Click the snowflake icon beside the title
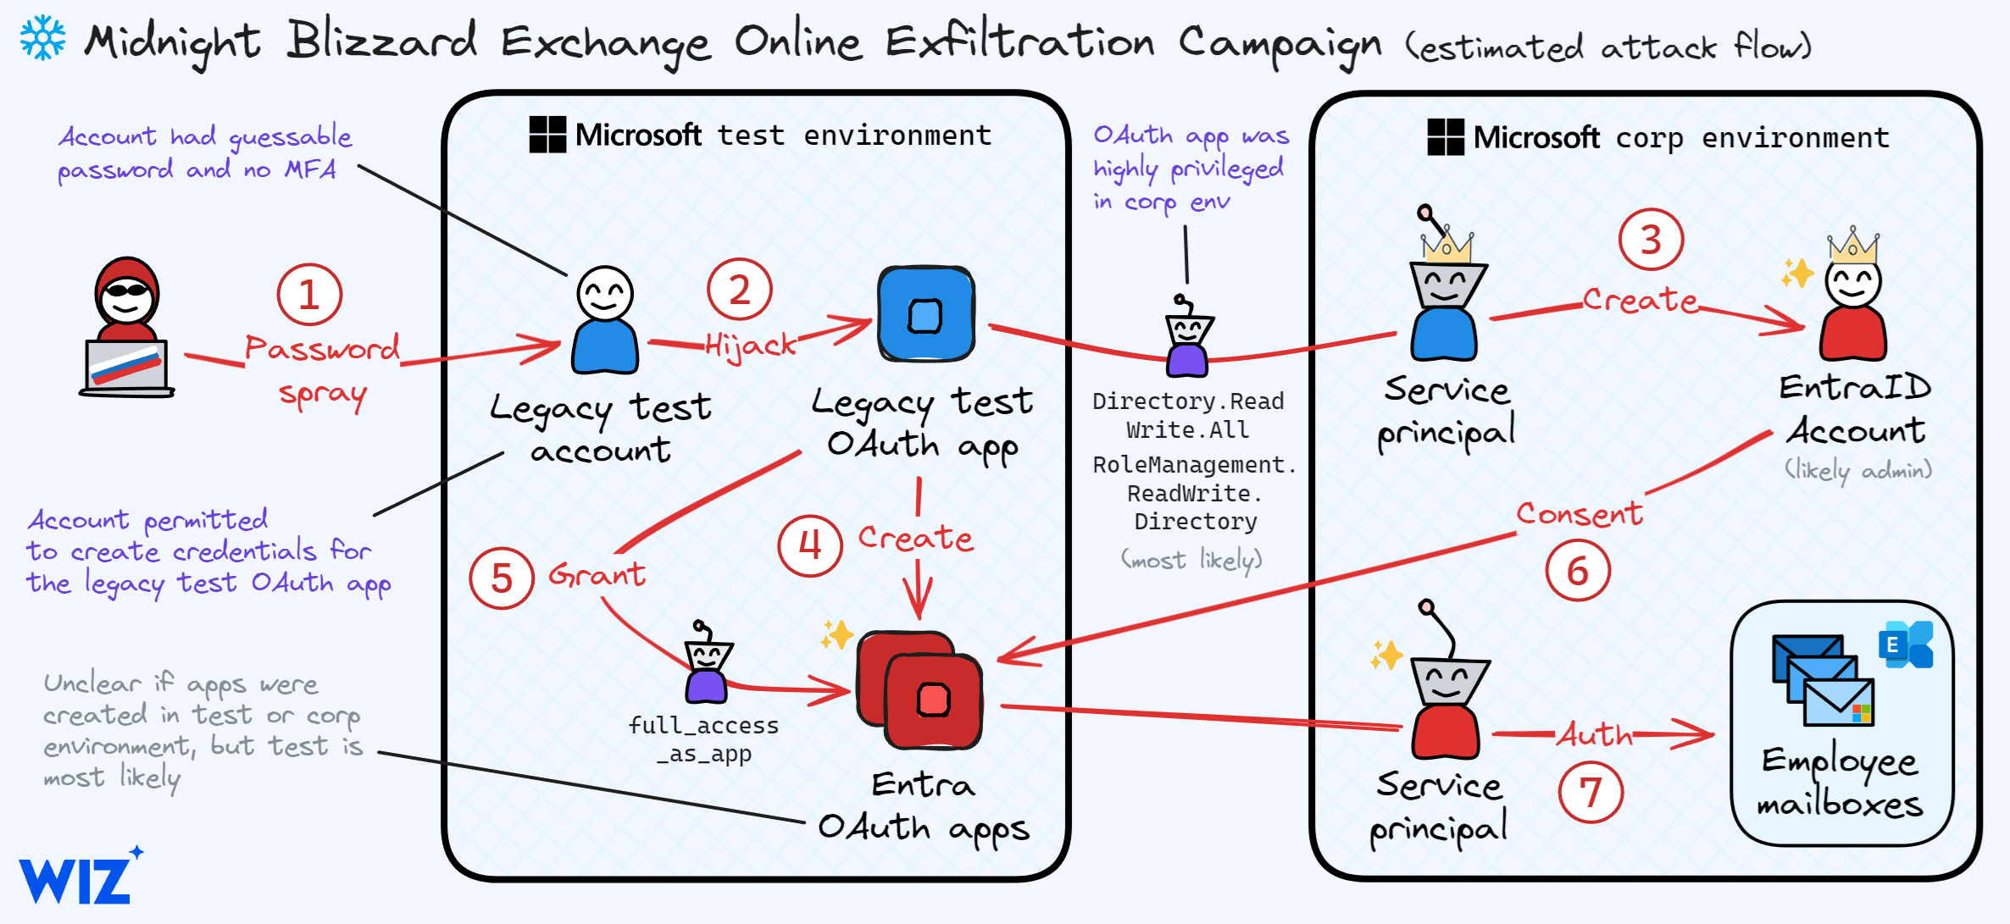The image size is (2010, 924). click(x=42, y=38)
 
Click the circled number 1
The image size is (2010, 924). click(x=309, y=295)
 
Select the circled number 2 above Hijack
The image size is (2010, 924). click(x=740, y=290)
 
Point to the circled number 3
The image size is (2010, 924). click(x=1651, y=240)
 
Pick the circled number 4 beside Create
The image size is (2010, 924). click(x=810, y=545)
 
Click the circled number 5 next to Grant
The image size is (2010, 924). click(x=502, y=578)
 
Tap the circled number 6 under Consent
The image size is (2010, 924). click(x=1578, y=571)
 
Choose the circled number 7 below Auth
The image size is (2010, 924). click(x=1591, y=793)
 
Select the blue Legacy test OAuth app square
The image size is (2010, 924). click(x=926, y=314)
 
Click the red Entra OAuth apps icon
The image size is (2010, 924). click(x=922, y=689)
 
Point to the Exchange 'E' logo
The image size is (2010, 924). click(x=1906, y=645)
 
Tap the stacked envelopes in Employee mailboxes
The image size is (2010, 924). click(x=1822, y=681)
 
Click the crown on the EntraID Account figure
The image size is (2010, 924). click(x=1853, y=245)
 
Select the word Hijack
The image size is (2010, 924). click(x=750, y=345)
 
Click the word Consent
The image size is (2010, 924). click(x=1580, y=513)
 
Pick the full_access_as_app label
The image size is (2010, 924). click(x=703, y=739)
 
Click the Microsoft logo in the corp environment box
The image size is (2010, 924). click(x=1446, y=137)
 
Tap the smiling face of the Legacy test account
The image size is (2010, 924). click(x=605, y=293)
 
